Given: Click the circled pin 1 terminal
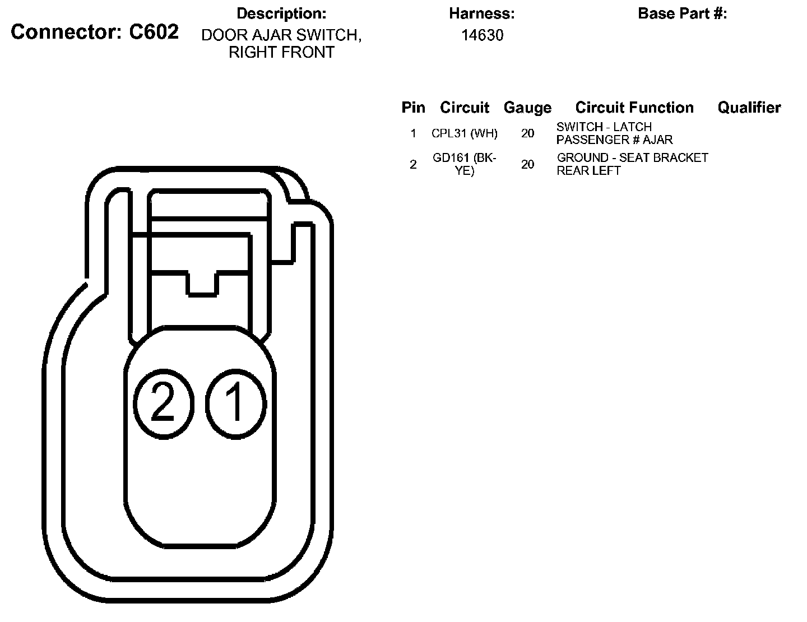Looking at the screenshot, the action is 236,403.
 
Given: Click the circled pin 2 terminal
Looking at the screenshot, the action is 164,403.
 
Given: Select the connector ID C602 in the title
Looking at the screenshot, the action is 154,31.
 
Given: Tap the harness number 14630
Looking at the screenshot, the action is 482,35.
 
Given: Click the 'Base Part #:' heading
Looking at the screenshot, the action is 682,13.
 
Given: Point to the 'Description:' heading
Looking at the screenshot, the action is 281,13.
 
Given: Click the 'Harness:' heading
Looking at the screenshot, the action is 482,13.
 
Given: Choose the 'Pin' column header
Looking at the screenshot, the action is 413,108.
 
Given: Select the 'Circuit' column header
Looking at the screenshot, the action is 464,108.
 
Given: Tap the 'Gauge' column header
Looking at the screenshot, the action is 527,108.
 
